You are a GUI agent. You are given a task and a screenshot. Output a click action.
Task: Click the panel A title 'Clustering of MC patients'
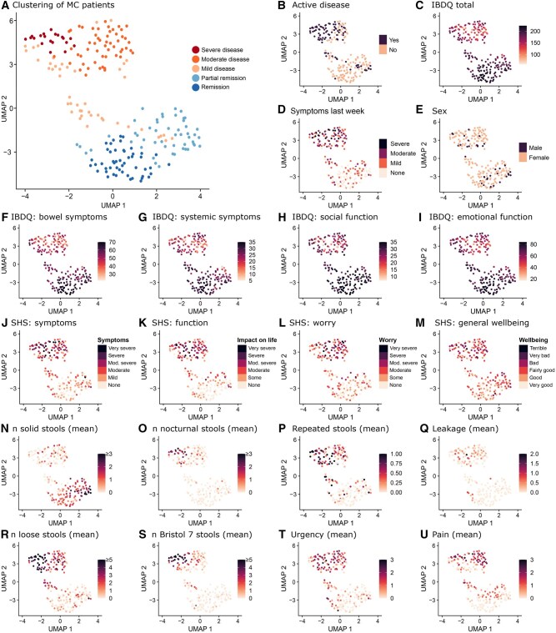click(63, 5)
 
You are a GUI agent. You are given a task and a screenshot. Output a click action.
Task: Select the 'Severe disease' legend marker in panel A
click(196, 50)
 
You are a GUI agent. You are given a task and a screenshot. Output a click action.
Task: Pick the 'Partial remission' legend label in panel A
click(223, 78)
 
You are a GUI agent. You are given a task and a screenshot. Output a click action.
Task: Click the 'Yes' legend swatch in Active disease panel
click(383, 39)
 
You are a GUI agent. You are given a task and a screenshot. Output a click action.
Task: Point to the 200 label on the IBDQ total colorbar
click(535, 31)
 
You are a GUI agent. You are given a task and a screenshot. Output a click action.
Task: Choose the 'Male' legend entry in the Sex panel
click(535, 148)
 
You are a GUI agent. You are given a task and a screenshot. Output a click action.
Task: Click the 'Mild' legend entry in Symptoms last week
click(395, 163)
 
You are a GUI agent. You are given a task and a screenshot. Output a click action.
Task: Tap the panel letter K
click(142, 323)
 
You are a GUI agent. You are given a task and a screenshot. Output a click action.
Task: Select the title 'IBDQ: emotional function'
click(480, 217)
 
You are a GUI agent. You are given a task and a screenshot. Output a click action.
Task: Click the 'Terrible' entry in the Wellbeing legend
click(538, 348)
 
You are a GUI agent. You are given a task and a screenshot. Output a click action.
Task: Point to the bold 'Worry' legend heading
click(388, 340)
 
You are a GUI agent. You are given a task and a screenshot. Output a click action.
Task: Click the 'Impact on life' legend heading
click(257, 340)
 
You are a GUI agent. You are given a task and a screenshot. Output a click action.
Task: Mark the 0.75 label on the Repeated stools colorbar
click(396, 464)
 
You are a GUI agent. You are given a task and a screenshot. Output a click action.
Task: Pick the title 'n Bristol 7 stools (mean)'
click(202, 535)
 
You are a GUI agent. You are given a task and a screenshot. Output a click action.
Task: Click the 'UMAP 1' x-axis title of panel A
click(113, 205)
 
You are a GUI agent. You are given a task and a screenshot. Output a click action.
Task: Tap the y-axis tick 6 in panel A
click(12, 20)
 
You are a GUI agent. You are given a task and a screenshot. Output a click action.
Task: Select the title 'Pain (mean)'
click(457, 535)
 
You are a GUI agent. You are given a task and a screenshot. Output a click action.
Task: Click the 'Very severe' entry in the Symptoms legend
click(122, 348)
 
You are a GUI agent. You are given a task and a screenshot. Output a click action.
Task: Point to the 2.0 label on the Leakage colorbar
click(533, 454)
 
